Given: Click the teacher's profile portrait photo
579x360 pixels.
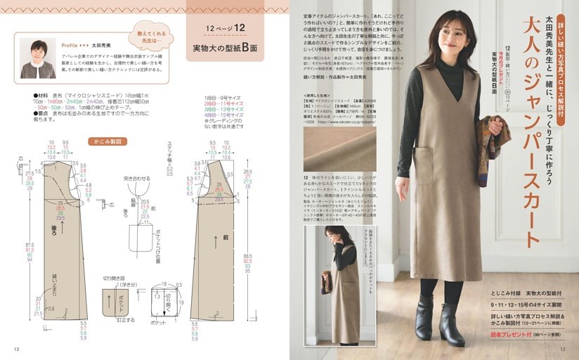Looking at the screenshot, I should pyautogui.click(x=38, y=58).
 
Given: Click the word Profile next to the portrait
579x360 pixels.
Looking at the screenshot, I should pyautogui.click(x=70, y=44).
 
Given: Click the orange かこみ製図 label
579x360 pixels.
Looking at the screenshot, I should pyautogui.click(x=107, y=141).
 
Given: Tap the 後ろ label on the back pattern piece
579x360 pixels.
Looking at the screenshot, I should pyautogui.click(x=54, y=229).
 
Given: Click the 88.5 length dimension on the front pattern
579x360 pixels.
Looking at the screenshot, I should pyautogui.click(x=248, y=255).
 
